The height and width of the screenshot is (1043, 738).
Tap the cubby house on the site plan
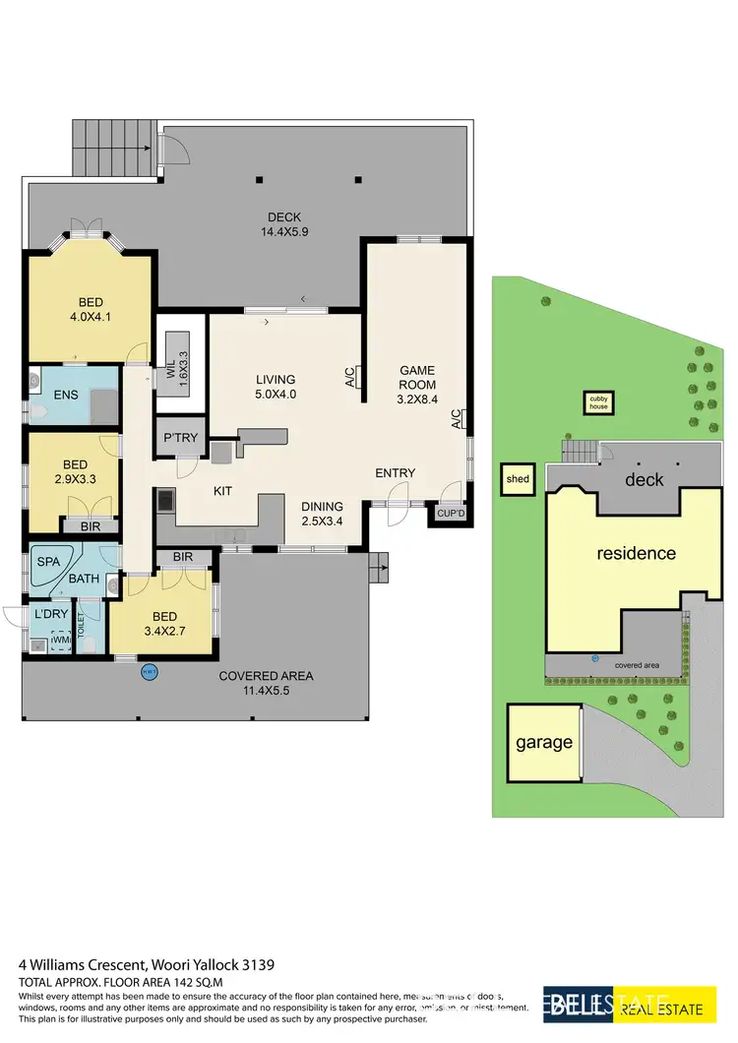pos(599,401)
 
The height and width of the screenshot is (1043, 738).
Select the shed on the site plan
pos(518,479)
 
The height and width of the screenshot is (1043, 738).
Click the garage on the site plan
pos(544,742)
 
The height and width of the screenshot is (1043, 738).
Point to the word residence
pos(637,553)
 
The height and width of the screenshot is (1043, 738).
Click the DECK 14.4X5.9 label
pos(283,225)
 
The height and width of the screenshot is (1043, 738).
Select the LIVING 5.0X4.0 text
pos(276,387)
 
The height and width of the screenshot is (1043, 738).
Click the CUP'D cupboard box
pos(447,512)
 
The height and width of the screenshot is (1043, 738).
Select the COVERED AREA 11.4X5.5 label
pos(266,683)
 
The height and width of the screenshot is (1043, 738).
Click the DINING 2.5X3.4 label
pos(324,515)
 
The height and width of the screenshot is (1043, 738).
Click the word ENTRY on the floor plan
pos(395,472)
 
